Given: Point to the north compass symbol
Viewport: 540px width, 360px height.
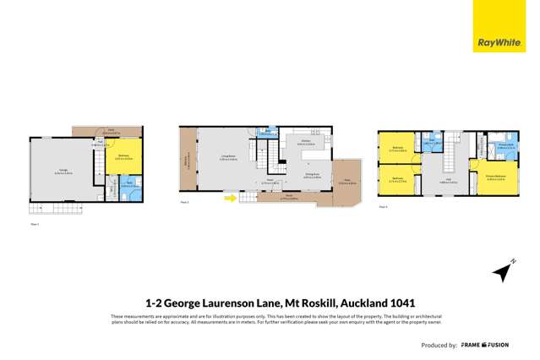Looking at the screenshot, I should (x=504, y=270).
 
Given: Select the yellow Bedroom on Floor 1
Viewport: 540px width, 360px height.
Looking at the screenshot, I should (x=124, y=157).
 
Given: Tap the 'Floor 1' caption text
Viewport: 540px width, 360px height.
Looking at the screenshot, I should (x=35, y=224).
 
